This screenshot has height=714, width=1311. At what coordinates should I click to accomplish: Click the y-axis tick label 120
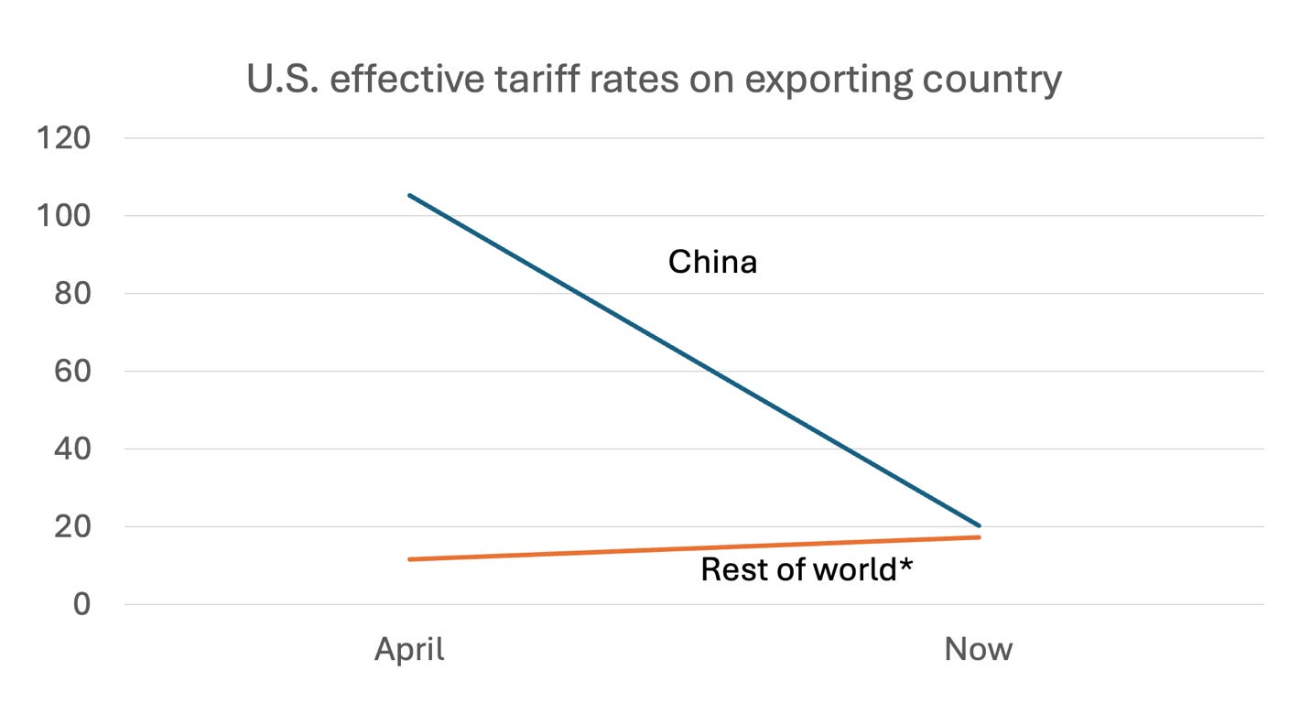click(x=63, y=138)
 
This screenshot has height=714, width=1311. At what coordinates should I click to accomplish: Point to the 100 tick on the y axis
click(x=63, y=216)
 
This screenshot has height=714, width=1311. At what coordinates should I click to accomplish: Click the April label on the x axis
click(x=409, y=650)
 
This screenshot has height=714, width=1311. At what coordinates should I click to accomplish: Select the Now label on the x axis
click(x=979, y=650)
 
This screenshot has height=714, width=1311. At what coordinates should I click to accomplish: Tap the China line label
click(x=712, y=263)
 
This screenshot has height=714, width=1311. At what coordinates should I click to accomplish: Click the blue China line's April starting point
click(x=409, y=195)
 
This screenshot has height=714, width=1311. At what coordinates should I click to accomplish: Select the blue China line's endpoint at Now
click(x=979, y=525)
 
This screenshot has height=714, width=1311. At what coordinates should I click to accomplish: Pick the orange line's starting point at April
click(x=409, y=559)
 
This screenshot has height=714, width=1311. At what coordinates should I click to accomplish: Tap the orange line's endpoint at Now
click(x=979, y=537)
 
